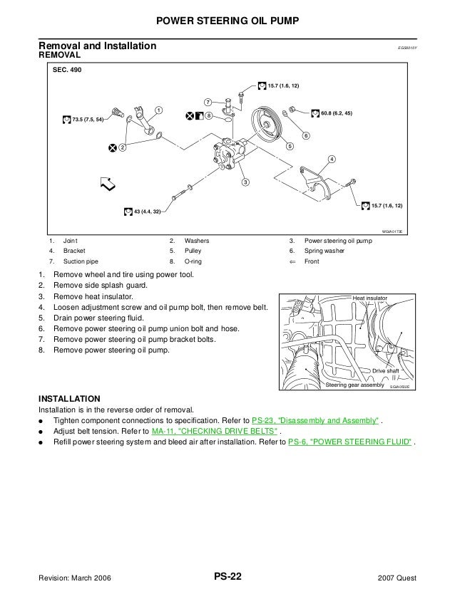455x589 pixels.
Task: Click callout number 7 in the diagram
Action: (207, 100)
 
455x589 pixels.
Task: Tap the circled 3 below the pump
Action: (245, 183)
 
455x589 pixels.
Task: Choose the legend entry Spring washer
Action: (327, 251)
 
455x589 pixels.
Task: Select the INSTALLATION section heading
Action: (69, 398)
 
